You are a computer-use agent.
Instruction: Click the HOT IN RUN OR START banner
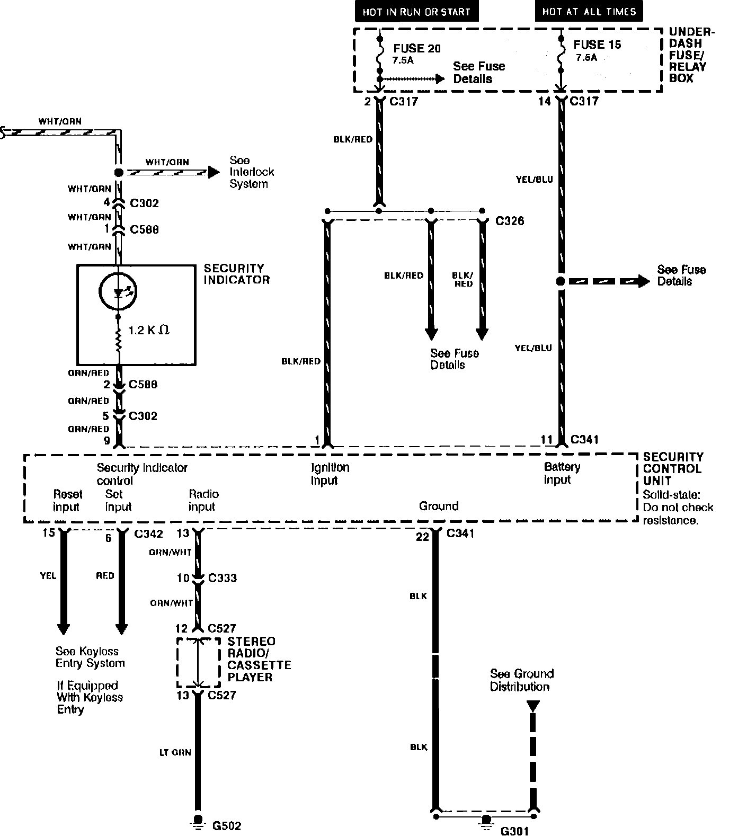coord(416,12)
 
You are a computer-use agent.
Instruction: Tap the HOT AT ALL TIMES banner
coord(589,11)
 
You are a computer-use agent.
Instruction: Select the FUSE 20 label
coord(416,48)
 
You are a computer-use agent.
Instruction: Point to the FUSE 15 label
coord(597,45)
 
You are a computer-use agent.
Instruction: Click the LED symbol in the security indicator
coord(118,291)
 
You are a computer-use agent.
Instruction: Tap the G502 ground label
coord(226,825)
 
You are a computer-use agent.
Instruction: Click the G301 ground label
coord(514,831)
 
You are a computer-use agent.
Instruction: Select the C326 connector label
coord(510,221)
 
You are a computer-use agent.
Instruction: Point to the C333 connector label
coord(222,578)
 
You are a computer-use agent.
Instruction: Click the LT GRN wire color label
coord(175,752)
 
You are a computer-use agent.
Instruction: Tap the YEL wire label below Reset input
coord(48,575)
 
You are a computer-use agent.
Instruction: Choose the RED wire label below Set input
coord(105,575)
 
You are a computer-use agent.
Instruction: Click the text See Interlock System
coord(252,172)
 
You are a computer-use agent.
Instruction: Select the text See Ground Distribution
coord(521,680)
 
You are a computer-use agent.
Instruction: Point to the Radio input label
coord(203,500)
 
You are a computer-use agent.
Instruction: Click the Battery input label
coord(562,473)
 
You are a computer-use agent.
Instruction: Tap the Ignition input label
coord(330,474)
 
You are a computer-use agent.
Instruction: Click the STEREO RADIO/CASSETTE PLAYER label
coord(259,659)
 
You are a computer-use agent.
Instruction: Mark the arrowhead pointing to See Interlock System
coord(213,172)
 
